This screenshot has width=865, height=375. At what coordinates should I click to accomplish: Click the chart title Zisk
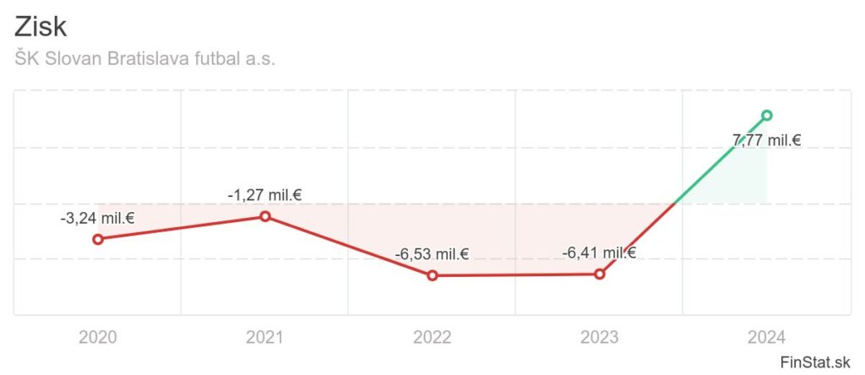pyautogui.click(x=41, y=26)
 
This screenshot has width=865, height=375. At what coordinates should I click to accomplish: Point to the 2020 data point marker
pyautogui.click(x=98, y=239)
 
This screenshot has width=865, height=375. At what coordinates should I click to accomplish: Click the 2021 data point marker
pyautogui.click(x=265, y=216)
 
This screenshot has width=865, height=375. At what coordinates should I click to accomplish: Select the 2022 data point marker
pyautogui.click(x=432, y=275)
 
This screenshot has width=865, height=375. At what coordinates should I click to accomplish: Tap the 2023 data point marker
pyautogui.click(x=600, y=274)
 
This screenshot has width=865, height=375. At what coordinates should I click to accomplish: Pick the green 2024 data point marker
pyautogui.click(x=767, y=115)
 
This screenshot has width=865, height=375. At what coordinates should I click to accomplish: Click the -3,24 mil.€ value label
pyautogui.click(x=98, y=218)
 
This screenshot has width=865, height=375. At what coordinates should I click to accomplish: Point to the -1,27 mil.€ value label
pyautogui.click(x=265, y=195)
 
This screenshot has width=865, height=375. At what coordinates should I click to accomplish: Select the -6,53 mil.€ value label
pyautogui.click(x=432, y=254)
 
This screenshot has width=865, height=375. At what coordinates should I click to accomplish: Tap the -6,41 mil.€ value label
pyautogui.click(x=600, y=252)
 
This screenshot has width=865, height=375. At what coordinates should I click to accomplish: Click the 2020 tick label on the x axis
pyautogui.click(x=98, y=339)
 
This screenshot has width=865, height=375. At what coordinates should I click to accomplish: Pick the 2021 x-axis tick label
pyautogui.click(x=265, y=339)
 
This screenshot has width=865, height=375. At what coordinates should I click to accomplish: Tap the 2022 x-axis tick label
pyautogui.click(x=432, y=339)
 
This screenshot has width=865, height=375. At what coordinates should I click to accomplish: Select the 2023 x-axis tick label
pyautogui.click(x=600, y=339)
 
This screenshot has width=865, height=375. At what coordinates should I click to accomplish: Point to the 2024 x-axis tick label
pyautogui.click(x=767, y=339)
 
